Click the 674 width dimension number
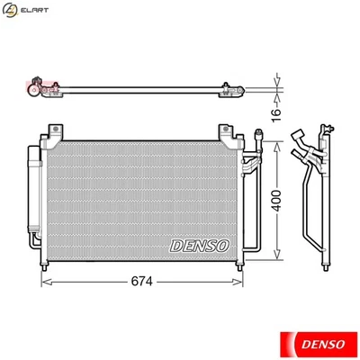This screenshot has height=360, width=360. (141, 281)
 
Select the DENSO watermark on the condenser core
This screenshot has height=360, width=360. (200, 244)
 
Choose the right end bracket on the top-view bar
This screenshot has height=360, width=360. (231, 88)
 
